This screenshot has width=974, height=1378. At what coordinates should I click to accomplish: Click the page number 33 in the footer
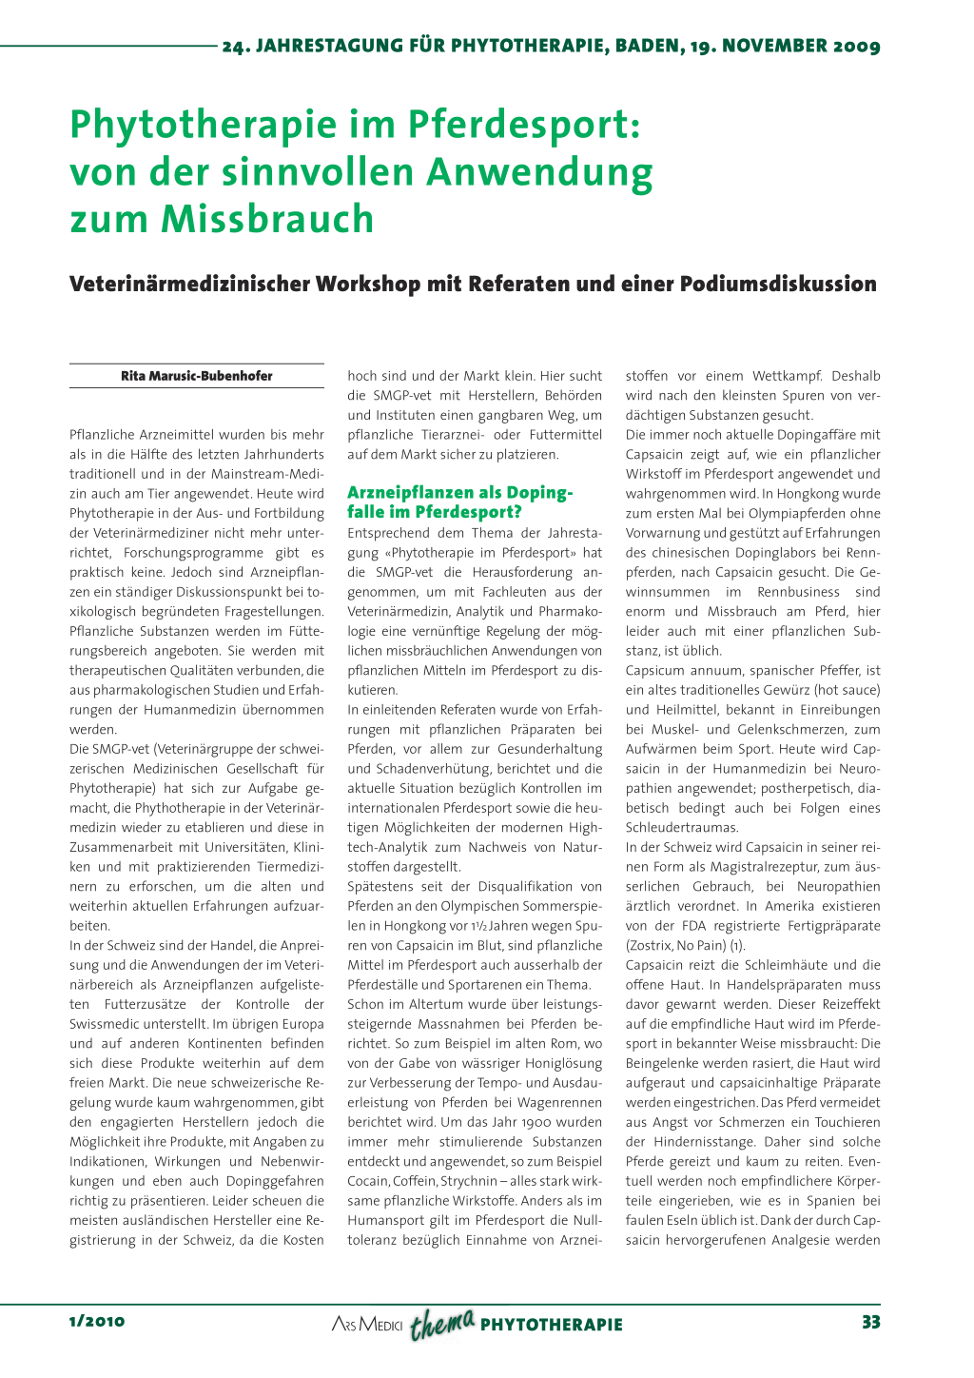pos(870,1322)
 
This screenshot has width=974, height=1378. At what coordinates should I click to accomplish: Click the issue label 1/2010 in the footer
pos(97,1322)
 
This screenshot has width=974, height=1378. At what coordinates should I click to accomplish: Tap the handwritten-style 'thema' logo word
pos(442,1323)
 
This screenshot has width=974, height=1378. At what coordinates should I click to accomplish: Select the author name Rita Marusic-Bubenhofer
pos(197,376)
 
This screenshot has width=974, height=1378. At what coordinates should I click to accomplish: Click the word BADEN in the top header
pos(650,46)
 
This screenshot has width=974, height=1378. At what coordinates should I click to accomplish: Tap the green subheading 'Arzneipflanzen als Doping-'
pos(460,493)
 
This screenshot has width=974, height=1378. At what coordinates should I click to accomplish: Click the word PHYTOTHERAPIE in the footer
pos(552,1325)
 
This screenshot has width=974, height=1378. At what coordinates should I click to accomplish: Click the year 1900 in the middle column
pos(536,1122)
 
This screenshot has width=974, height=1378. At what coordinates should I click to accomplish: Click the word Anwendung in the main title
pos(539,172)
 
